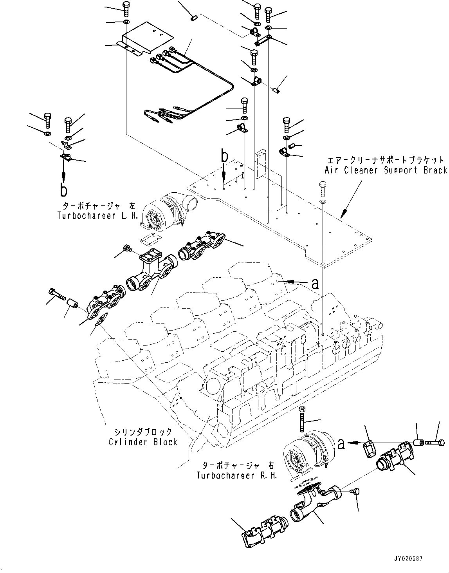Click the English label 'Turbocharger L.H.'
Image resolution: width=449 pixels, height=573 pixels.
(97, 215)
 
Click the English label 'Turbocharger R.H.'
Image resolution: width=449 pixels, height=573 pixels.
(237, 475)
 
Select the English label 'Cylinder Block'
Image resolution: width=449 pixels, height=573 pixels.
(143, 442)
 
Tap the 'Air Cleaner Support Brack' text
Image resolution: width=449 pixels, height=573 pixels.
(385, 170)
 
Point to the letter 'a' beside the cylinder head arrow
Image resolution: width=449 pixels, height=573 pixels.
(315, 283)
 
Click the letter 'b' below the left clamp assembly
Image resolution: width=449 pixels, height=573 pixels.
(63, 190)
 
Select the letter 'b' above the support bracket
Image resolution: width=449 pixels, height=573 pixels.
(224, 157)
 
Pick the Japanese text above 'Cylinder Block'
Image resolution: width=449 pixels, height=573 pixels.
(143, 432)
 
